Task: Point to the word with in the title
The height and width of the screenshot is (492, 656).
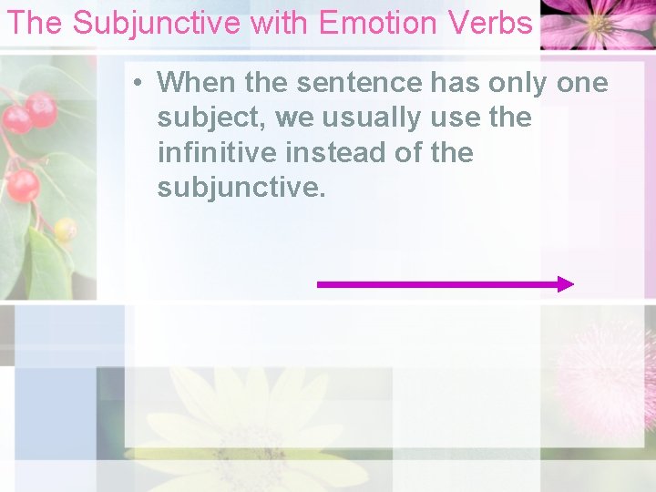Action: coord(279,23)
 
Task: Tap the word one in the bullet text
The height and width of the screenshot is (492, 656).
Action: coord(580,82)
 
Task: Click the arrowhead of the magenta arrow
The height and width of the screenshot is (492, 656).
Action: coord(566,284)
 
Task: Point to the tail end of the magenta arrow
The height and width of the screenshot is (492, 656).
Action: coord(320,284)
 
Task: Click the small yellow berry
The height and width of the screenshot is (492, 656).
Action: coord(65,230)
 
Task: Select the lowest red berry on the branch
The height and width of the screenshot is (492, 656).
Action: coord(23,186)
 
